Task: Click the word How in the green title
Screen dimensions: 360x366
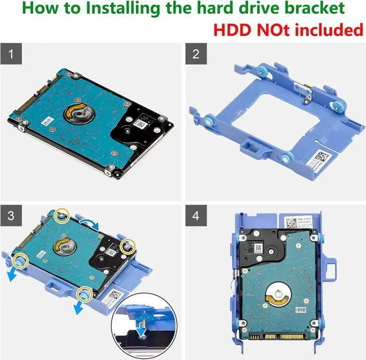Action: [x=39, y=9]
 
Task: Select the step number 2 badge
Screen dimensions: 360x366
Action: [x=196, y=55]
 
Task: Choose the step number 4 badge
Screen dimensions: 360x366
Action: [x=196, y=216]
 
